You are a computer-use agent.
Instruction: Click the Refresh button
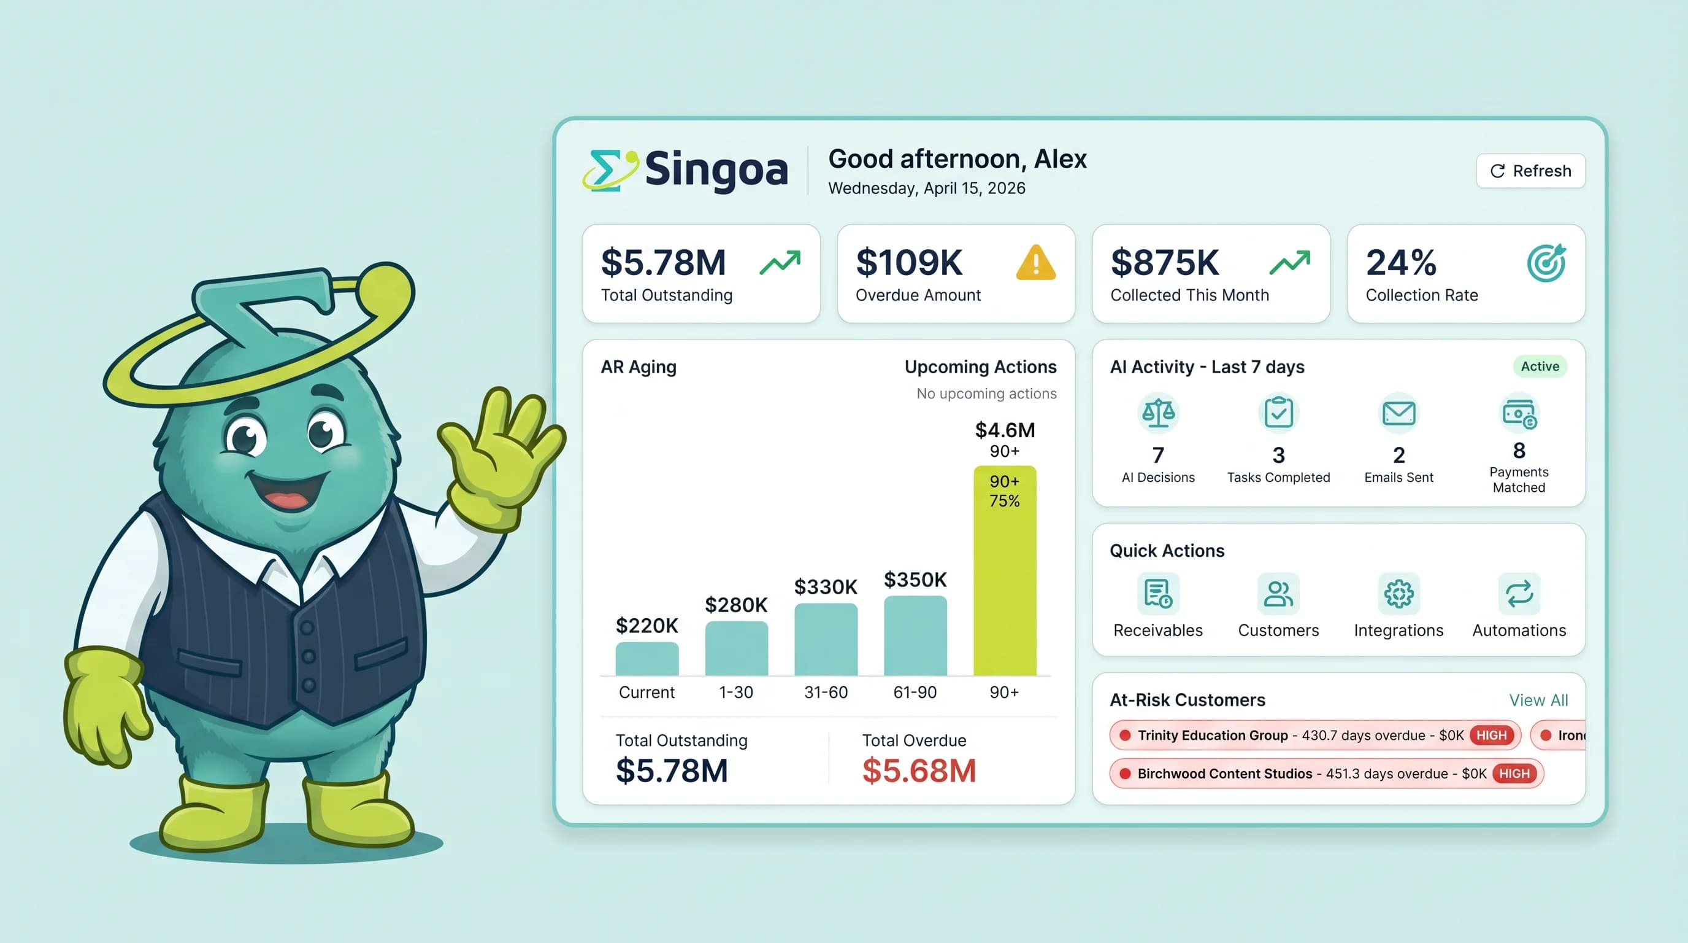pos(1530,171)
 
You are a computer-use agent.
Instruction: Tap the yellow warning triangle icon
pos(1035,263)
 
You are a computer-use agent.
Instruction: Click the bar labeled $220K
pos(646,658)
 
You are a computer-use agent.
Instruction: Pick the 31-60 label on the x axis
pos(826,692)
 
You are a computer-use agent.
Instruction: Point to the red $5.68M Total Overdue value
pos(919,770)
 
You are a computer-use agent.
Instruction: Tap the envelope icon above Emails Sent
pos(1398,413)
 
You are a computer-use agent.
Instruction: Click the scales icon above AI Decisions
pos(1158,413)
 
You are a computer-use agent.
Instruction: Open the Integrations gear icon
pos(1398,594)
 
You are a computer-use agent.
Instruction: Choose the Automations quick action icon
pos(1519,594)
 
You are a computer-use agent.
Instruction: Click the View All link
pos(1538,700)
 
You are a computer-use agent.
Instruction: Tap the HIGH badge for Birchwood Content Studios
pos(1514,773)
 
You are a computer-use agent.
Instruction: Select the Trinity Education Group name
pos(1212,735)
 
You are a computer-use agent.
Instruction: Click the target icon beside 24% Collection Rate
pos(1546,263)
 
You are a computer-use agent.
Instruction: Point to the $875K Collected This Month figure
pos(1164,262)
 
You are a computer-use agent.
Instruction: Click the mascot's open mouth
pos(288,492)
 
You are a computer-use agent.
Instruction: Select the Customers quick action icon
pos(1278,594)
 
